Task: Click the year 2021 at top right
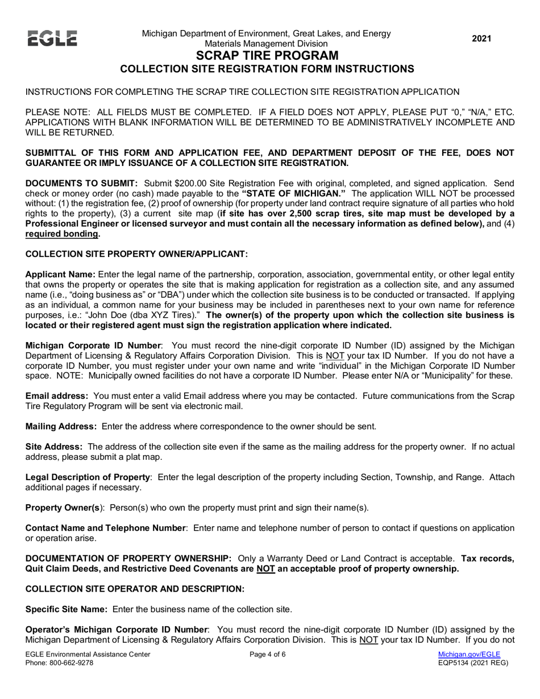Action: pos(482,39)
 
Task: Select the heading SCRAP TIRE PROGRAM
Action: pos(267,56)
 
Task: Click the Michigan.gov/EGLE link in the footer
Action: pos(469,655)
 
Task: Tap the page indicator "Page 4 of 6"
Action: pos(268,655)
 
